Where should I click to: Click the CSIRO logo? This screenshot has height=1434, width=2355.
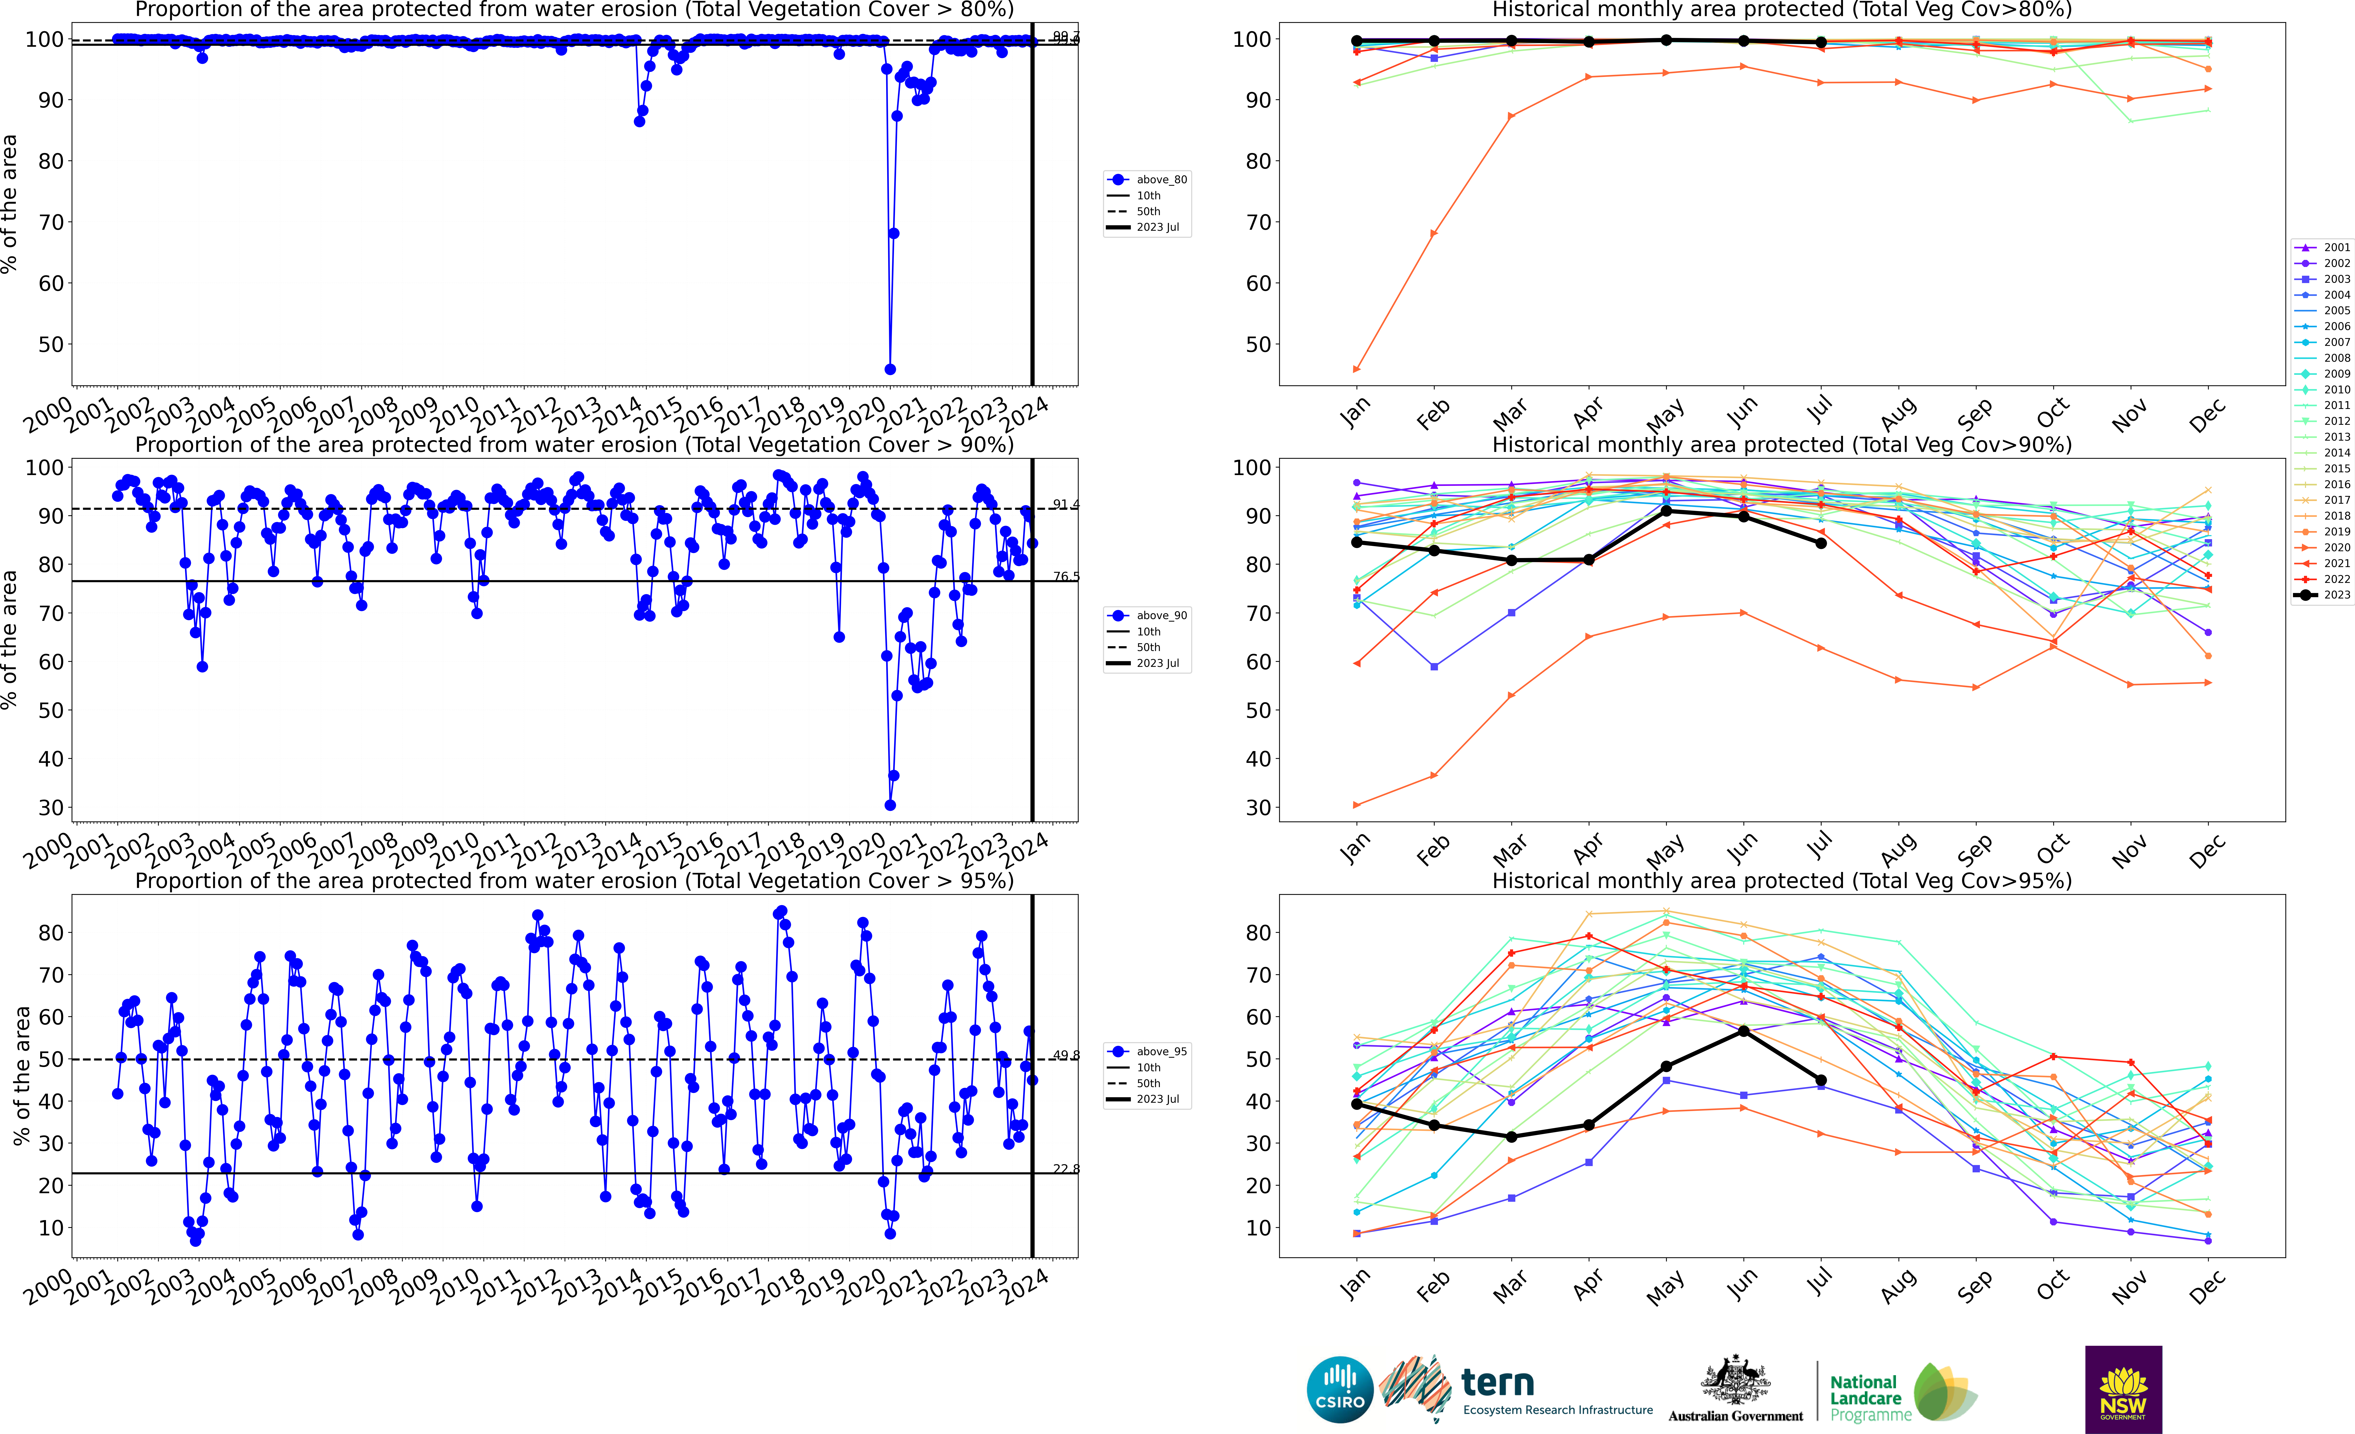(1339, 1389)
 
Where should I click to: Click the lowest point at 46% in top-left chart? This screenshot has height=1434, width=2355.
(890, 369)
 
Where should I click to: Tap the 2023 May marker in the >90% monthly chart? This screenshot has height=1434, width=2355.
(1666, 511)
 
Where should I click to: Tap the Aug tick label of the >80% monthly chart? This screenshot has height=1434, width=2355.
(1897, 414)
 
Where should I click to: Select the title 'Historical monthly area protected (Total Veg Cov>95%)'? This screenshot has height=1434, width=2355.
(1782, 881)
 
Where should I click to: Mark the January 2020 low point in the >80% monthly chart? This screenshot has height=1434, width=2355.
(1356, 369)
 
